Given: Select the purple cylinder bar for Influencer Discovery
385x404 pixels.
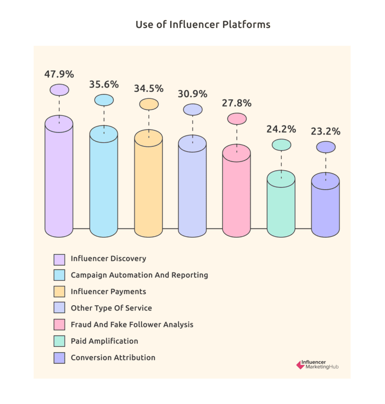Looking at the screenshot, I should pyautogui.click(x=59, y=181).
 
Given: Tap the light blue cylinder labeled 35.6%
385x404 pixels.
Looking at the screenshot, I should pyautogui.click(x=104, y=185).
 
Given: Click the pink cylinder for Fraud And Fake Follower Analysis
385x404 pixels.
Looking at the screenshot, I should pyautogui.click(x=237, y=195).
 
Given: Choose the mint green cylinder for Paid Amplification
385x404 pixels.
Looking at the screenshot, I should pyautogui.click(x=281, y=207).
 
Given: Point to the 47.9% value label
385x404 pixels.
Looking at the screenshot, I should pyautogui.click(x=59, y=74).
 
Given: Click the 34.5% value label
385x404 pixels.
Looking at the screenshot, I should pyautogui.click(x=149, y=88).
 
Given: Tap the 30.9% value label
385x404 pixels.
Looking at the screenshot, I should pyautogui.click(x=192, y=94).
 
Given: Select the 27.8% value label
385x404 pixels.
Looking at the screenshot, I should pyautogui.click(x=237, y=103).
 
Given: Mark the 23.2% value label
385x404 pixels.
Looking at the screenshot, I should pyautogui.click(x=326, y=132).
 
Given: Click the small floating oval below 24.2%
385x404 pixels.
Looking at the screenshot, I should pyautogui.click(x=281, y=144).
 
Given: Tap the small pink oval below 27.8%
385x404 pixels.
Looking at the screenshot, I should pyautogui.click(x=237, y=118).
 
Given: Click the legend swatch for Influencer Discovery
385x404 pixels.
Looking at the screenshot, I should pyautogui.click(x=59, y=259).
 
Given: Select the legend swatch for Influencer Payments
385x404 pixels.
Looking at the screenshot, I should pyautogui.click(x=59, y=292).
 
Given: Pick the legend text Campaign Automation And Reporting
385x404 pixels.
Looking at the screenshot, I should pyautogui.click(x=139, y=275).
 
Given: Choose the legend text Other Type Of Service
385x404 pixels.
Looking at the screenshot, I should pyautogui.click(x=111, y=308).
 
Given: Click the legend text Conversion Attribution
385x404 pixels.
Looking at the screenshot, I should pyautogui.click(x=113, y=357).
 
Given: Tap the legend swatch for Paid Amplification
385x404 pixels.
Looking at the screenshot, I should pyautogui.click(x=59, y=341).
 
